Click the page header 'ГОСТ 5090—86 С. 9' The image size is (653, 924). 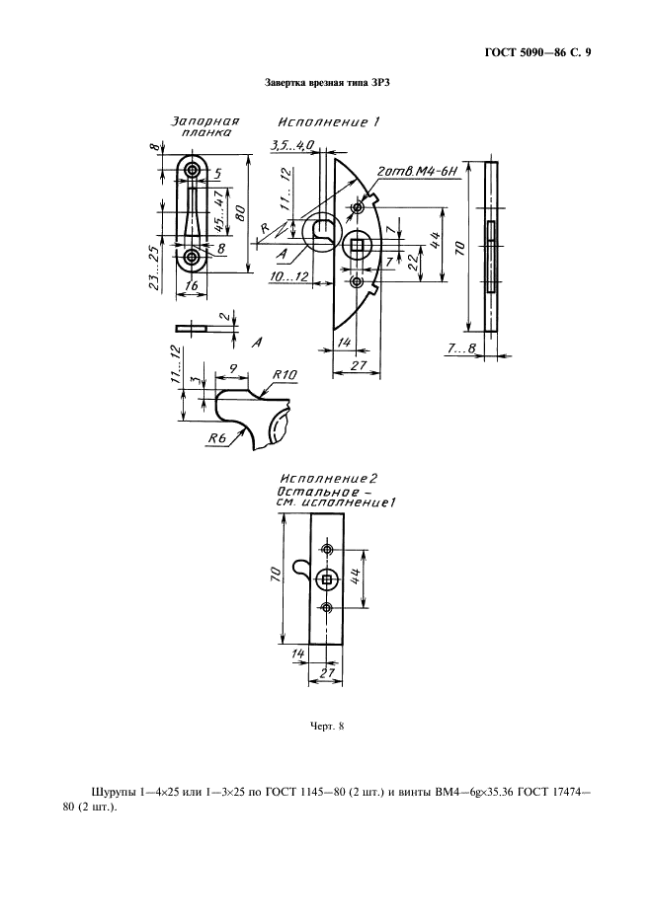pos(537,52)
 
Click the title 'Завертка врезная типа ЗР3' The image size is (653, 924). pos(327,84)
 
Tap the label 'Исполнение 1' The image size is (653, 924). pos(329,122)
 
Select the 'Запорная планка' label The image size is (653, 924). pos(204,126)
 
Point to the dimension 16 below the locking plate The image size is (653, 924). pos(192,285)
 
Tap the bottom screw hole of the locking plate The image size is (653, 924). pos(192,257)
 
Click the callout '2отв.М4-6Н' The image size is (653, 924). pos(418,172)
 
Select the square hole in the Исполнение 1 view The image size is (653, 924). pos(357,245)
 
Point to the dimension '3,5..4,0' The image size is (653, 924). pos(292,145)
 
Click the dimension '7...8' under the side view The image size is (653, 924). pos(460,348)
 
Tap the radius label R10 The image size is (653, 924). pos(285,375)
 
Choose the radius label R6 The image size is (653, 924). pos(217,438)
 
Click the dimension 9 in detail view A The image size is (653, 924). pos(233,369)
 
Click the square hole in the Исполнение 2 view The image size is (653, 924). pos(327,579)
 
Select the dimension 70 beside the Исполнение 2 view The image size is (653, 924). pos(276,576)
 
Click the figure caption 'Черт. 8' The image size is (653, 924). pos(327,726)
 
